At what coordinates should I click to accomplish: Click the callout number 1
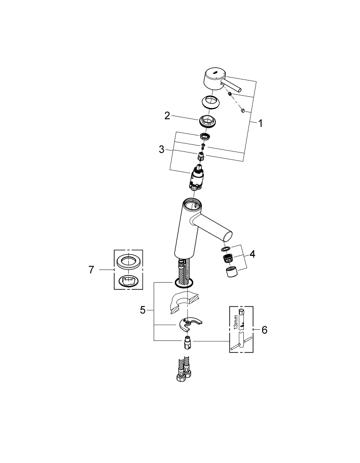[260, 123]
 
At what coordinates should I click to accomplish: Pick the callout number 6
[264, 329]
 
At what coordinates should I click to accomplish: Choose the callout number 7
[92, 270]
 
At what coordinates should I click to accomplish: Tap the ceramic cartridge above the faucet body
[198, 179]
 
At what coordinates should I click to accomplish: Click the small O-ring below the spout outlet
[226, 249]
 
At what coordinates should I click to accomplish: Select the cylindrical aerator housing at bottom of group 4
[231, 274]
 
